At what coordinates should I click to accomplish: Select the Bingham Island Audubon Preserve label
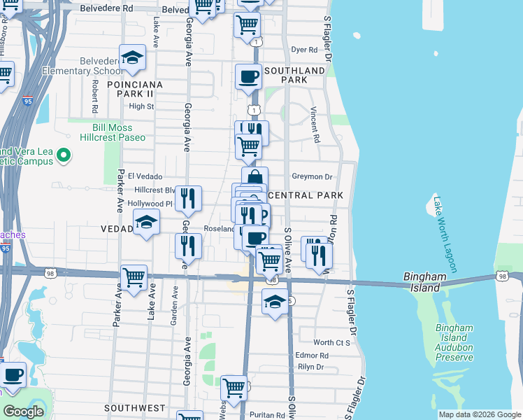pyautogui.click(x=454, y=342)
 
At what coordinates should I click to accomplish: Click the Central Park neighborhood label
pyautogui.click(x=306, y=195)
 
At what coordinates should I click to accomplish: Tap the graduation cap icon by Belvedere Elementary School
pyautogui.click(x=131, y=59)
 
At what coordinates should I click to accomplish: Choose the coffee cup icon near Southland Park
pyautogui.click(x=248, y=77)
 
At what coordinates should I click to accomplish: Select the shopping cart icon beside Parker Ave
pyautogui.click(x=134, y=276)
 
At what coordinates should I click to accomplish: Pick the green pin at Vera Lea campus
pyautogui.click(x=63, y=155)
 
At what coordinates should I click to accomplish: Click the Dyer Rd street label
pyautogui.click(x=304, y=50)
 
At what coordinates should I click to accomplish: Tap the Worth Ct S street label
pyautogui.click(x=331, y=342)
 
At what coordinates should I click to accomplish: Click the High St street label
pyautogui.click(x=141, y=106)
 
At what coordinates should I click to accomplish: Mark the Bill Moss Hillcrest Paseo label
pyautogui.click(x=125, y=134)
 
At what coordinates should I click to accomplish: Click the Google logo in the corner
pyautogui.click(x=23, y=411)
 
